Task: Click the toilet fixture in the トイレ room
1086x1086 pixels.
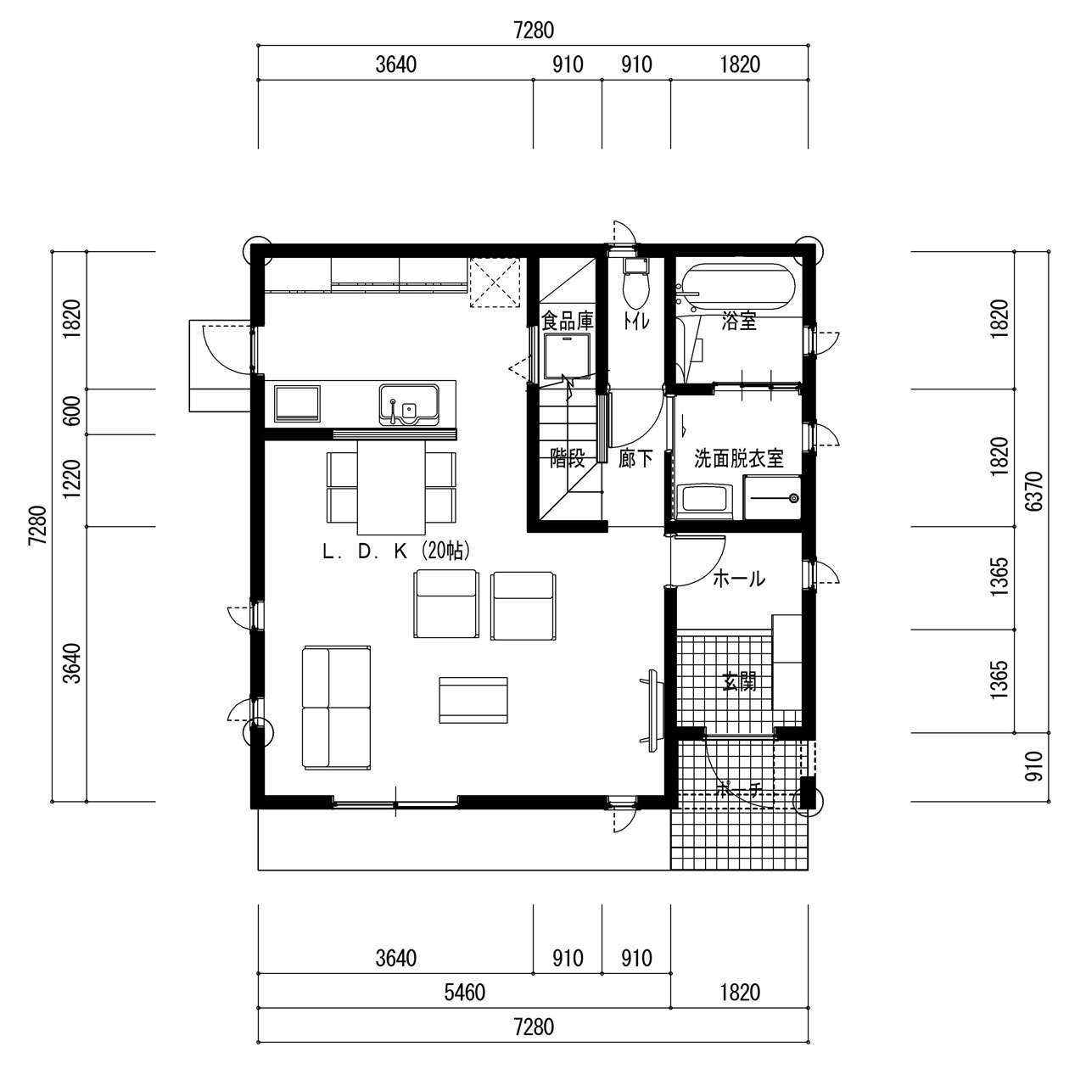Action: point(635,283)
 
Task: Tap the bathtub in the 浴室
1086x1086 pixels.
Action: point(738,289)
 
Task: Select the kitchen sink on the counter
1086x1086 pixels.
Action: point(409,404)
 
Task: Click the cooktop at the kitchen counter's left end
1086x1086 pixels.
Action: point(297,404)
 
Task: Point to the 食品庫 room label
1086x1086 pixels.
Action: point(567,322)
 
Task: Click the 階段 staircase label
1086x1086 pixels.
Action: point(567,459)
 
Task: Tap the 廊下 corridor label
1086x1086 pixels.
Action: point(635,459)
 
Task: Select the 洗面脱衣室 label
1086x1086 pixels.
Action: point(738,459)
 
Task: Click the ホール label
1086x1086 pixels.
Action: point(738,579)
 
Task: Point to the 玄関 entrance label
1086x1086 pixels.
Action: point(738,682)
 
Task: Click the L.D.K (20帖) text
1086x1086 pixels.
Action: point(395,551)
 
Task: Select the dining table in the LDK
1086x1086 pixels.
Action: point(391,488)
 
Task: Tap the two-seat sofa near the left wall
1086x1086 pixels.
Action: point(337,708)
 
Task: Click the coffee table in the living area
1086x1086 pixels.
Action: point(473,700)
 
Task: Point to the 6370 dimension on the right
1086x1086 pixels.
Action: point(1035,491)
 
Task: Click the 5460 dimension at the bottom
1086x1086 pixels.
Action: point(464,992)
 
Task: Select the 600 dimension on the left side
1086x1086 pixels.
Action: point(72,412)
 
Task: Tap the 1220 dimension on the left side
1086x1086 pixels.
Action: point(72,479)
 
